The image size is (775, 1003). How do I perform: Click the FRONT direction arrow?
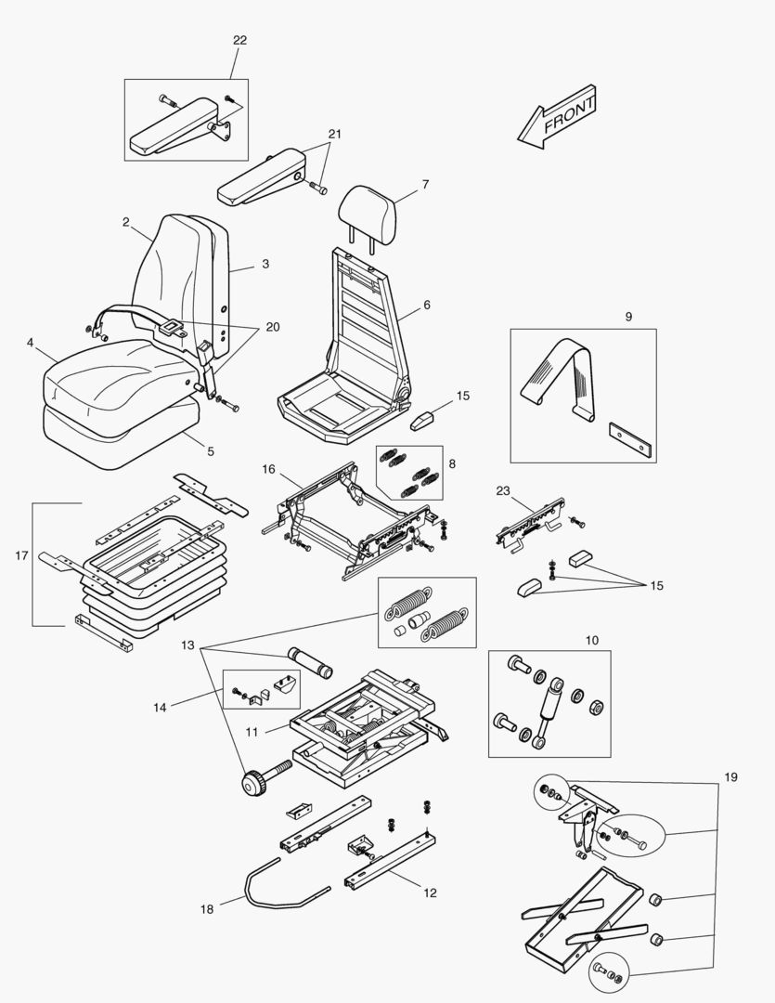[558, 117]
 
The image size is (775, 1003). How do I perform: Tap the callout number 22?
[239, 40]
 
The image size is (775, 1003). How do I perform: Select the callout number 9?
[628, 317]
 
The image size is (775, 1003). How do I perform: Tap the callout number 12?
[430, 893]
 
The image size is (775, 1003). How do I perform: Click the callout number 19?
[731, 776]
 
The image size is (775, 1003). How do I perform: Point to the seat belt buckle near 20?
[173, 327]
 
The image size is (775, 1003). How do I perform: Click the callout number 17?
[21, 556]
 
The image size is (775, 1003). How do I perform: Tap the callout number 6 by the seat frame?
[427, 305]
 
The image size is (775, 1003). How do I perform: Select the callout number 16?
[268, 470]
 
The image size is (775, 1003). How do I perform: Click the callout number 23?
[504, 490]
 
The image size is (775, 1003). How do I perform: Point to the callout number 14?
[160, 708]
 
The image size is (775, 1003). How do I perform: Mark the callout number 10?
[592, 640]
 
